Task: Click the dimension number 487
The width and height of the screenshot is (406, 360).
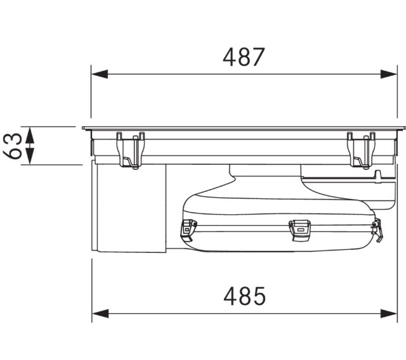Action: pos(244,57)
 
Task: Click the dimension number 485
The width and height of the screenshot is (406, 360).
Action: pos(244,296)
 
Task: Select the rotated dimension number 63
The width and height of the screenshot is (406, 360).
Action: pos(12,146)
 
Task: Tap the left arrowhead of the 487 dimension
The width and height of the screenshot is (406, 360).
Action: pos(100,74)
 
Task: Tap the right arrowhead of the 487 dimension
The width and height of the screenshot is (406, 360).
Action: pos(388,74)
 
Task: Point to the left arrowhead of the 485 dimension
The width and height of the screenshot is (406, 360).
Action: pos(100,314)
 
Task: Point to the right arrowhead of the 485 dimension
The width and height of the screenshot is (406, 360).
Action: pos(389,314)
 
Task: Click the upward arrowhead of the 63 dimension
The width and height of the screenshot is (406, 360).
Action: pos(30,135)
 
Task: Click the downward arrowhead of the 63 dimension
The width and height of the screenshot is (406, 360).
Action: pos(30,156)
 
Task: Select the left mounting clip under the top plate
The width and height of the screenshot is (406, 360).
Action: pos(131,150)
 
